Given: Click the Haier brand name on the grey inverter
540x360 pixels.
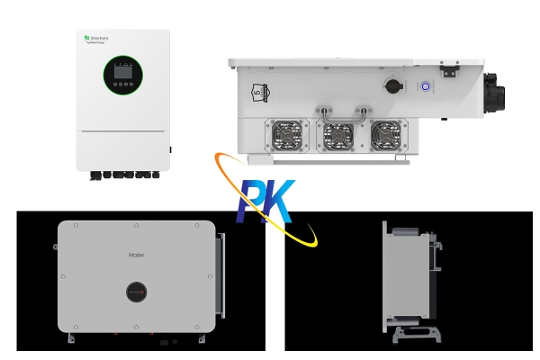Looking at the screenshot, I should pyautogui.click(x=137, y=255).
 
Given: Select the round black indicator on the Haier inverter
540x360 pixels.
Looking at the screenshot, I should pyautogui.click(x=136, y=293).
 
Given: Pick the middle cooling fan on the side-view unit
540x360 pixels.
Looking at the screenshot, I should pyautogui.click(x=338, y=136).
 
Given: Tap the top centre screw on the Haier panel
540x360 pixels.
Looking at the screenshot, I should pyautogui.click(x=137, y=225).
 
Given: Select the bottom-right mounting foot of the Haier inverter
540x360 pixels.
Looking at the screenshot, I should pyautogui.click(x=199, y=340).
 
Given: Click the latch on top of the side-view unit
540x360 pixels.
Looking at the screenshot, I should pyautogui.click(x=448, y=66).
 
